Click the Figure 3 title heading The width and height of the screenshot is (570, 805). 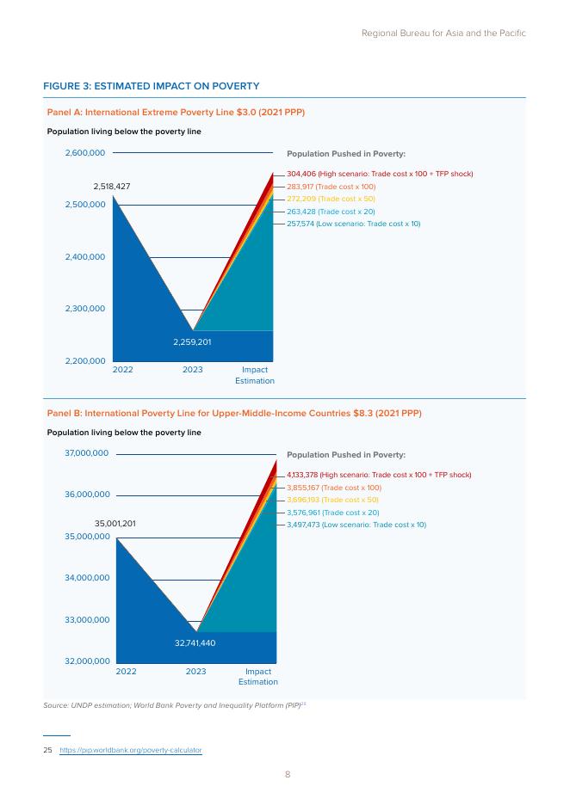(151, 86)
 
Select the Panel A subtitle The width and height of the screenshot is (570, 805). (176, 113)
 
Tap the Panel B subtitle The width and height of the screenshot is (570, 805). (234, 414)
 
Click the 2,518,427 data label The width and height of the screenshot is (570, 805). (112, 187)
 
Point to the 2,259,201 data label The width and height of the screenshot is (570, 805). (192, 342)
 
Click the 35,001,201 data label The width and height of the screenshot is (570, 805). (115, 524)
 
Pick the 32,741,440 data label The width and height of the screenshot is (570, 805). (195, 642)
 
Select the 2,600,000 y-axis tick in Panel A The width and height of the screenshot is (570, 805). (84, 152)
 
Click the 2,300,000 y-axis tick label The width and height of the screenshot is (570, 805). (84, 309)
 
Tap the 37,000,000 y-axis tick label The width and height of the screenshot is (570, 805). (86, 452)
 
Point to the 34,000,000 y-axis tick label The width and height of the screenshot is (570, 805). (87, 578)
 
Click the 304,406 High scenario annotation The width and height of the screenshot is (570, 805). (380, 174)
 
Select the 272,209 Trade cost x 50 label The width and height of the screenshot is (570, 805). (331, 199)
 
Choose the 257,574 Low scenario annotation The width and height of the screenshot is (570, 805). (354, 224)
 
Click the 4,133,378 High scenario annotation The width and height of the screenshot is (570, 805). (379, 475)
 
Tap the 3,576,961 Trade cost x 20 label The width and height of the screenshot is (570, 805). (333, 513)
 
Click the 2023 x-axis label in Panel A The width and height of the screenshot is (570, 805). (193, 370)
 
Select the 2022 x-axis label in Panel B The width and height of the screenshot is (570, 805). (126, 672)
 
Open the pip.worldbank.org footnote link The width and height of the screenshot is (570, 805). (131, 750)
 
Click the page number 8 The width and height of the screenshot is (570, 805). (288, 774)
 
